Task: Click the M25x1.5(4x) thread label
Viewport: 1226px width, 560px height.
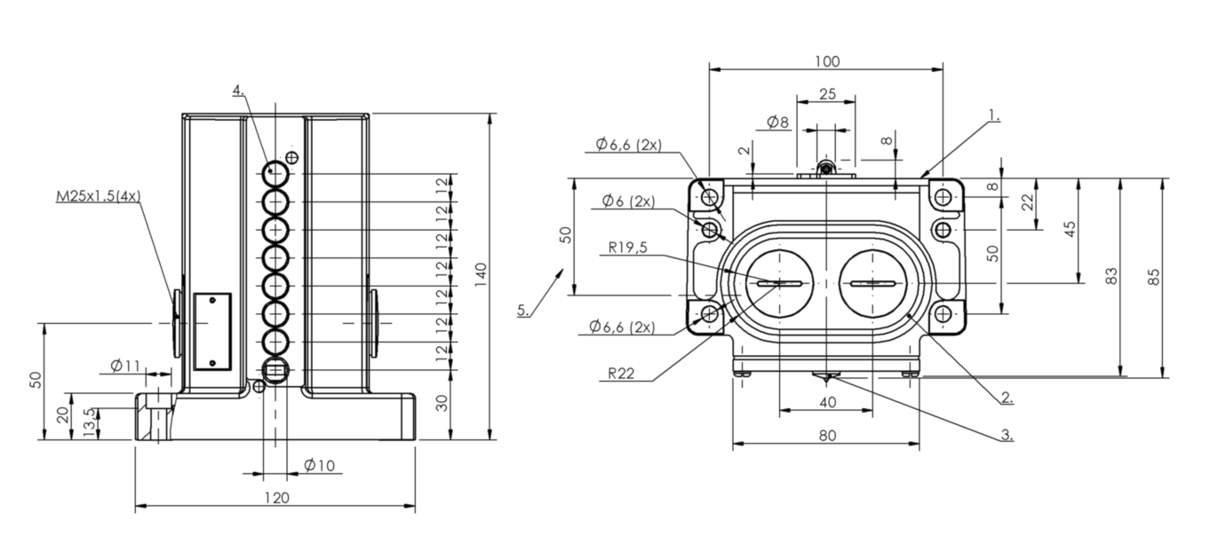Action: tap(99, 196)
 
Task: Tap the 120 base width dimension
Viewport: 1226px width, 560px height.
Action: tap(276, 498)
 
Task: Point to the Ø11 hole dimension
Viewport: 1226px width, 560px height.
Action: tap(125, 366)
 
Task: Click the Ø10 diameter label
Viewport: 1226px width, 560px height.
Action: tap(319, 465)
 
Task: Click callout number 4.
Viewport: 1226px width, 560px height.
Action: tap(239, 91)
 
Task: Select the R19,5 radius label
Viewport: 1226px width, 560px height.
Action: tap(627, 248)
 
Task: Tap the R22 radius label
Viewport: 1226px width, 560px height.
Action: tap(621, 374)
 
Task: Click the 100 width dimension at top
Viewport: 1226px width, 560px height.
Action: tap(826, 61)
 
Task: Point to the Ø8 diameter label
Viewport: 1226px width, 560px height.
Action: tap(777, 122)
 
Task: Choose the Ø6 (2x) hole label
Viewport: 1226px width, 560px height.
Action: tap(628, 201)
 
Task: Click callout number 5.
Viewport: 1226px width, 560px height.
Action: tap(523, 310)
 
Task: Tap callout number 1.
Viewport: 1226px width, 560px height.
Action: tap(994, 115)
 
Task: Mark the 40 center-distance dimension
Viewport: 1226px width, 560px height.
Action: tap(828, 403)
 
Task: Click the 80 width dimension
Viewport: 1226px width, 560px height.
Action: tap(828, 436)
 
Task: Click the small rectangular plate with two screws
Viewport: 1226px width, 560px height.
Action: tap(212, 331)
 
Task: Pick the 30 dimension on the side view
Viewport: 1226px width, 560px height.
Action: tap(442, 403)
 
